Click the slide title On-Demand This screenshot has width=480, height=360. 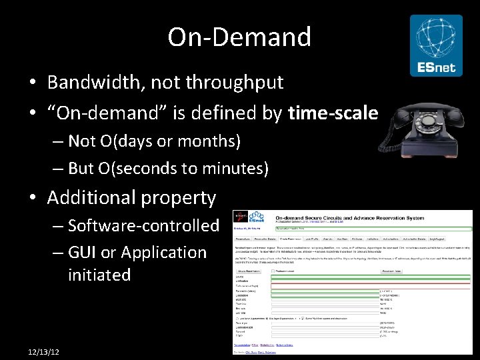coord(239,37)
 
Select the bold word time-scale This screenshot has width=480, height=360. coord(333,113)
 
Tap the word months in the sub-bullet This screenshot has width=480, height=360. coord(210,141)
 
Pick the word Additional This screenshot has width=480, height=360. coord(90,197)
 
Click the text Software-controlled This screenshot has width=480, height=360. coord(143,225)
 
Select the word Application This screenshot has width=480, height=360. coord(167,253)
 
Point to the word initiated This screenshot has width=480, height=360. coord(99,275)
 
